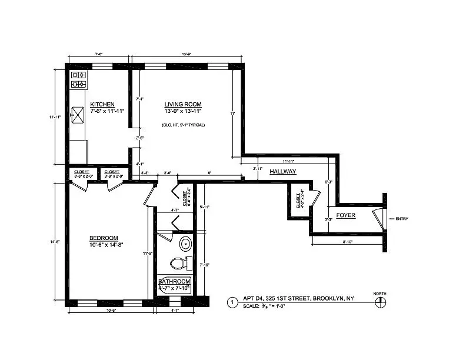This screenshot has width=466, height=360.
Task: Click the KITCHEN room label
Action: coord(102,104)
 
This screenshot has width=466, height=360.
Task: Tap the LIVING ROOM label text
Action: coord(183,104)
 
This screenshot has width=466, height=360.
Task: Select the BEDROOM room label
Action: coord(105,237)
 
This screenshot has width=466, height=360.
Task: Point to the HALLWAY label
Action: coord(282,172)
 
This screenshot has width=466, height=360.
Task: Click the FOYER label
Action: coord(345,215)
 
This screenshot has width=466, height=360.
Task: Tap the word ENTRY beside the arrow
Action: coord(402,219)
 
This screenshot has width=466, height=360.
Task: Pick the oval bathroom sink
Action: coord(185,243)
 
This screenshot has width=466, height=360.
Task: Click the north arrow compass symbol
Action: coord(380,302)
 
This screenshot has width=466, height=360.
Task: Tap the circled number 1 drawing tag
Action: coord(232,302)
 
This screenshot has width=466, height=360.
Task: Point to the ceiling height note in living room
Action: coord(183,125)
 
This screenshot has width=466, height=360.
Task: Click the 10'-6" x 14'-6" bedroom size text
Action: coord(106,244)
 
